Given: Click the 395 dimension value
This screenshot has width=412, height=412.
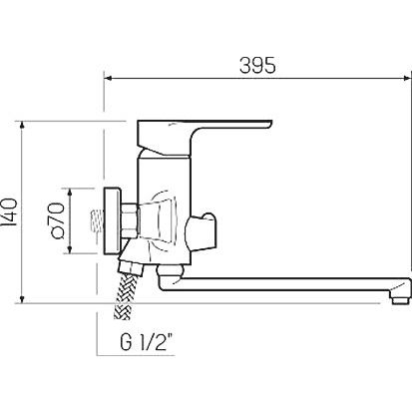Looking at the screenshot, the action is (257, 65).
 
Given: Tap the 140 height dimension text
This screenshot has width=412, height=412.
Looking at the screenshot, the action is (9, 212).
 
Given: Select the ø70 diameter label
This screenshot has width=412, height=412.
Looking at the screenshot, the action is (57, 220).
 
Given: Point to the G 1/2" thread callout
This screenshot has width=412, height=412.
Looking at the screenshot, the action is (147, 342).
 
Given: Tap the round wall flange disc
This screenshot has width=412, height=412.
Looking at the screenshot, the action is (112, 221).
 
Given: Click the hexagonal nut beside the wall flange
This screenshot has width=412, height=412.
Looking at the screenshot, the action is (130, 221).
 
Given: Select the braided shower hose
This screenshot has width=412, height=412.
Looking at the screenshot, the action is (124, 295).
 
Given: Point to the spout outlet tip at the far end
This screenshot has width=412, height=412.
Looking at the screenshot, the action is (400, 300).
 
